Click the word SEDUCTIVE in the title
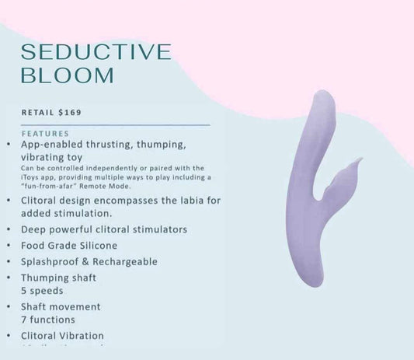point(96,52)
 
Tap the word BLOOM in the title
point(68,75)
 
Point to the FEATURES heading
point(46,134)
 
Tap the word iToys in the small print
point(30,177)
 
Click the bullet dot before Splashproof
point(8,262)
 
